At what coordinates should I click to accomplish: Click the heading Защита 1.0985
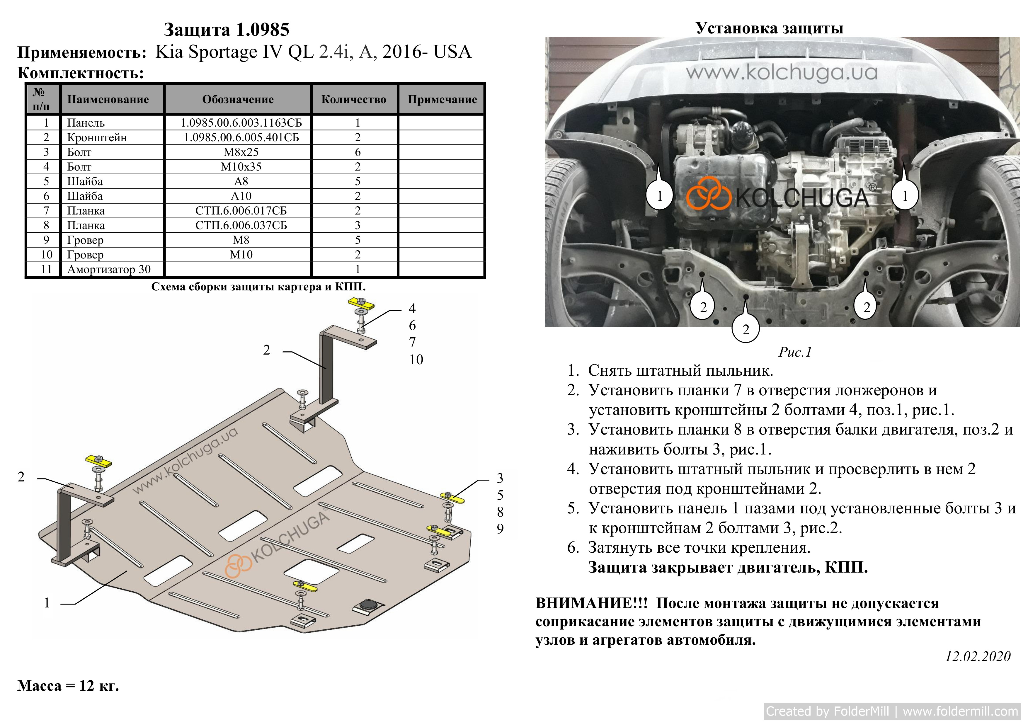pyautogui.click(x=227, y=30)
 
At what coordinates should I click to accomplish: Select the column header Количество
pyautogui.click(x=354, y=99)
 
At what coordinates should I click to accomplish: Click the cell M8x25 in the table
pyautogui.click(x=241, y=152)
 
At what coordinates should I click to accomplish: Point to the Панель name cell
pyautogui.click(x=86, y=123)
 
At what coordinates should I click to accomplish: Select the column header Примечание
pyautogui.click(x=442, y=99)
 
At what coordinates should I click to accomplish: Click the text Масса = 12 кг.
pyautogui.click(x=68, y=686)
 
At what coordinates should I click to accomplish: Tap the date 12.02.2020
pyautogui.click(x=978, y=657)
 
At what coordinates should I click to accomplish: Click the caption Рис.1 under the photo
pyautogui.click(x=795, y=352)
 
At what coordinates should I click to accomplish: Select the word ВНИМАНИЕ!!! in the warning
pyautogui.click(x=591, y=603)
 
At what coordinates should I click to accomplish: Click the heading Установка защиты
pyautogui.click(x=769, y=28)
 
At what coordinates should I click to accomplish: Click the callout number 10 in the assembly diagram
pyautogui.click(x=416, y=360)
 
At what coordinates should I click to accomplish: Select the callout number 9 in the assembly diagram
pyautogui.click(x=500, y=529)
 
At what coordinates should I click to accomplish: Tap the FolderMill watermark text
pyautogui.click(x=892, y=711)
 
